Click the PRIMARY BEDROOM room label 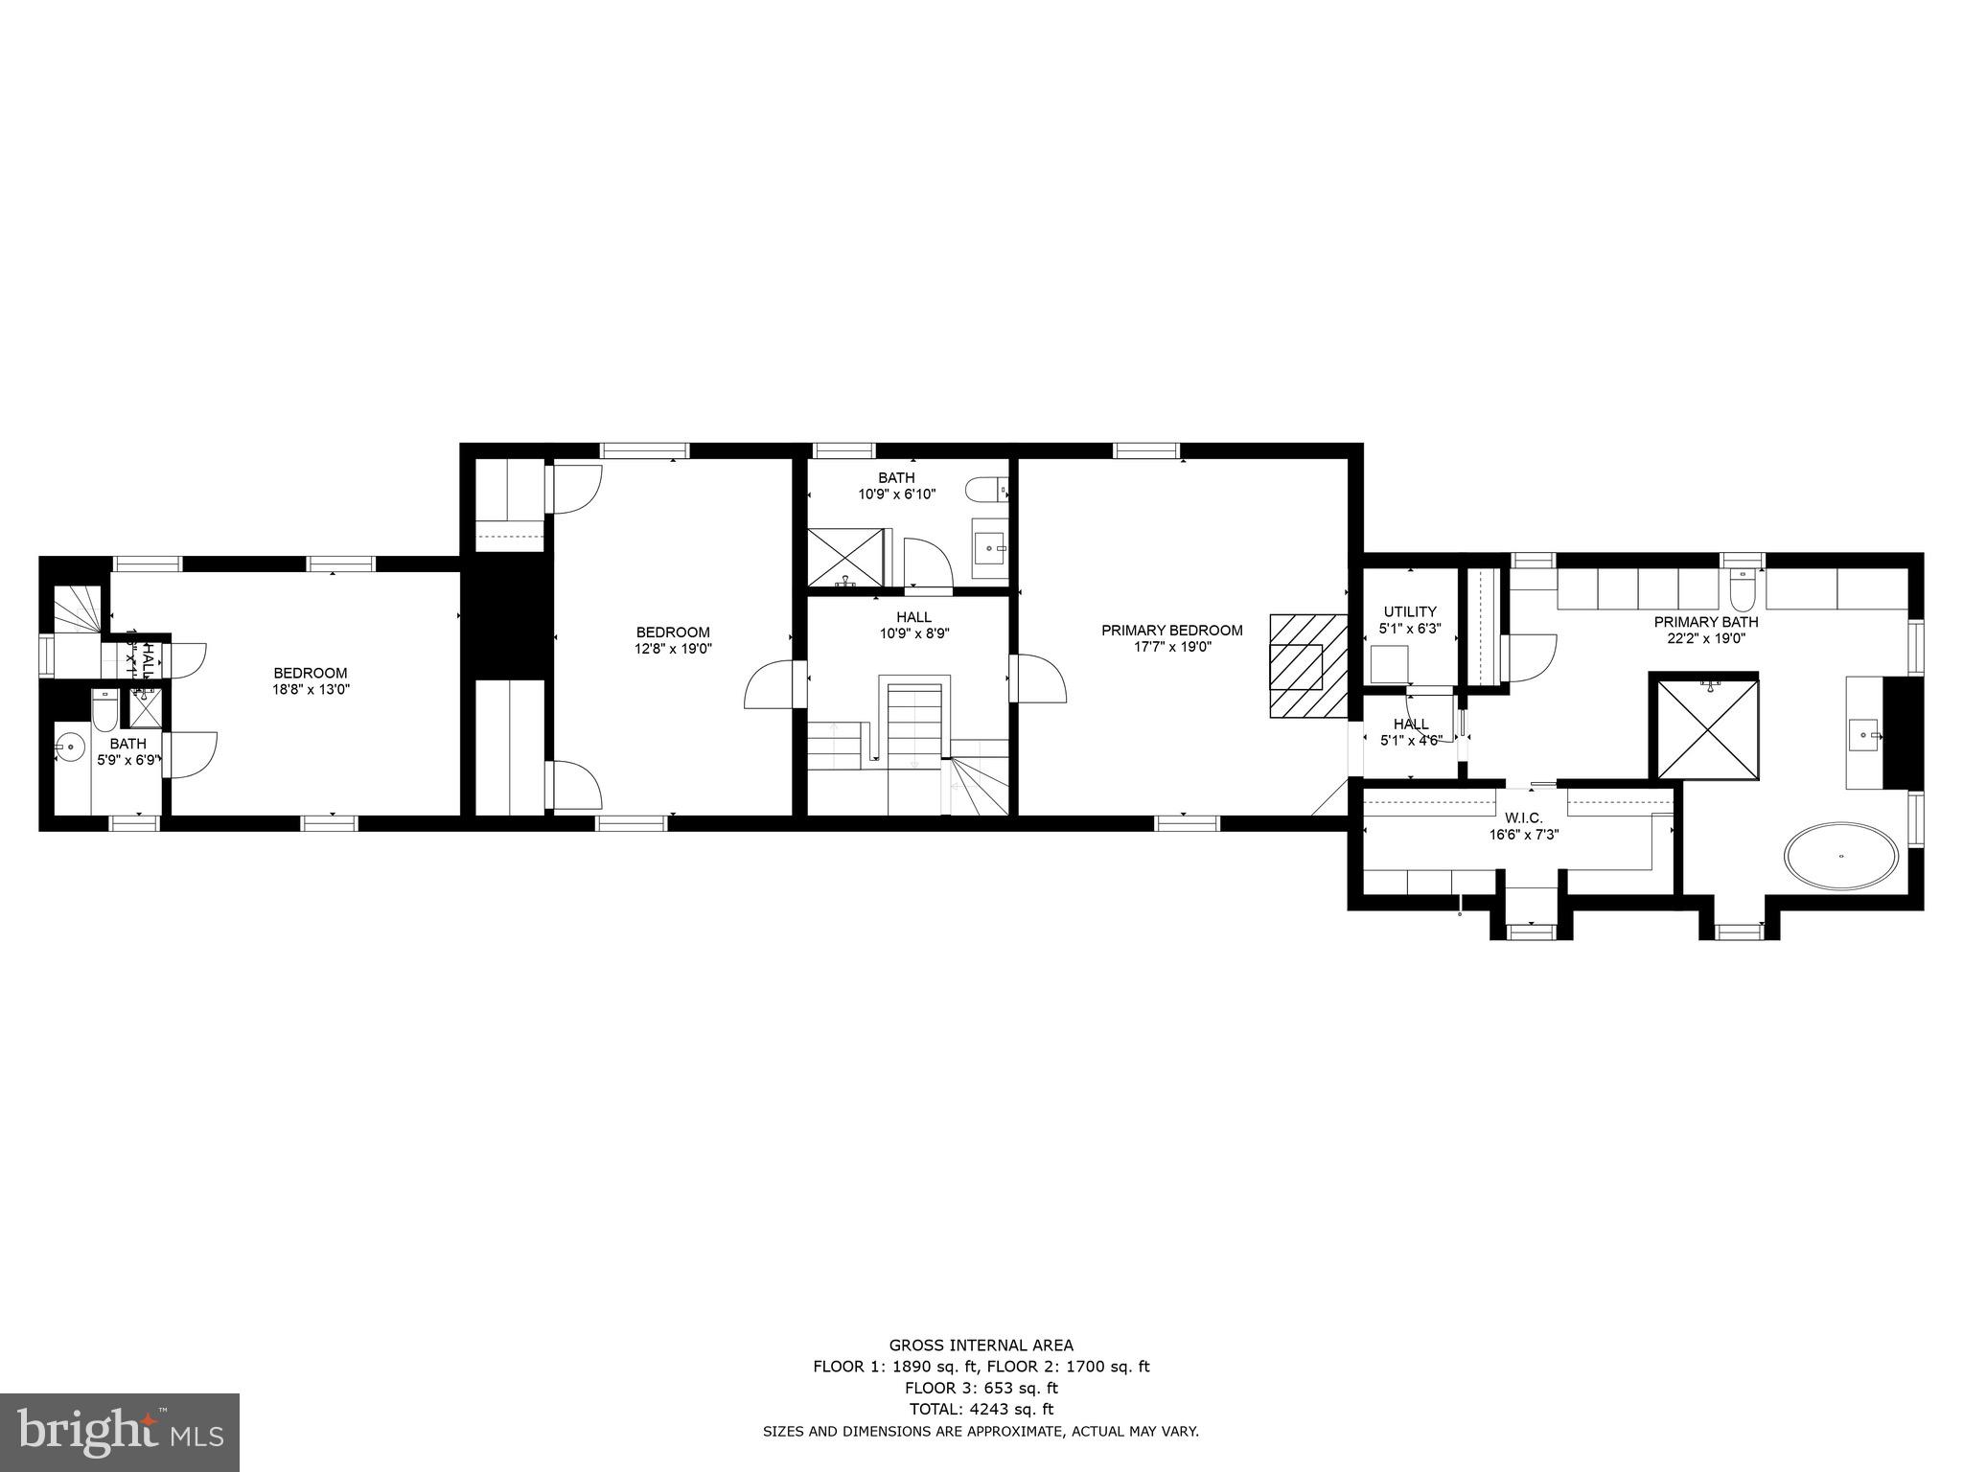pos(1171,631)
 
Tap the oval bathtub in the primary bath pos(1840,856)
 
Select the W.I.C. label pos(1523,817)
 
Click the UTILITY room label pos(1409,611)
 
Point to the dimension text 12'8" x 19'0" pos(673,648)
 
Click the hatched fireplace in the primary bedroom pos(1307,665)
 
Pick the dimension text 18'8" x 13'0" pos(311,688)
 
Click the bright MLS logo pos(120,1433)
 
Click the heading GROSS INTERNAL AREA pos(981,1345)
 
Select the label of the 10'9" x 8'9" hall pos(913,617)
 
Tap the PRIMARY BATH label pos(1705,622)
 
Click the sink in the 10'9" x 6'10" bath pos(990,549)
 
